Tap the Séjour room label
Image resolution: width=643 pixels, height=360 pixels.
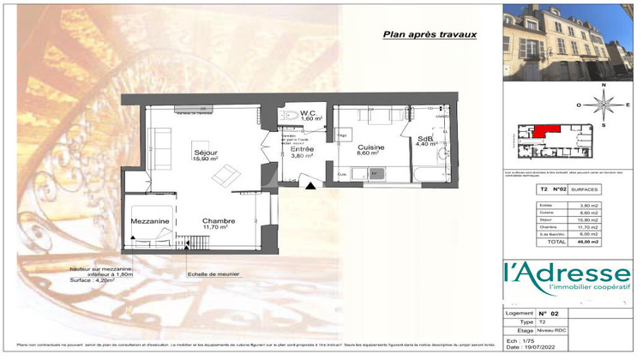[205, 153]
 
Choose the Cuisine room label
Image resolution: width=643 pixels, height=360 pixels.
[371, 148]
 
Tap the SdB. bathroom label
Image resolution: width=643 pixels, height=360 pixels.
[425, 140]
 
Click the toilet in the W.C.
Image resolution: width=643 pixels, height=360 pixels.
[291, 115]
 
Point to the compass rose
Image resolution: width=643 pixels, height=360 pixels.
[604, 105]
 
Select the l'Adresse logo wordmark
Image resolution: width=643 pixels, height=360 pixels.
[567, 274]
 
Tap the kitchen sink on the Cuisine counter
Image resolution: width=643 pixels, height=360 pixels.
[375, 174]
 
